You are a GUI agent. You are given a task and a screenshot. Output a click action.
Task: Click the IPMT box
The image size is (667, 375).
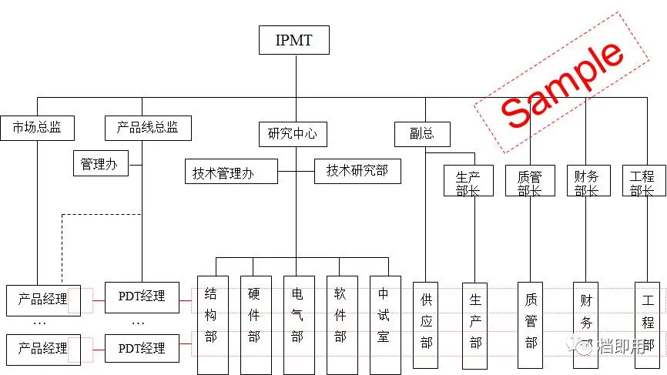pyautogui.click(x=293, y=40)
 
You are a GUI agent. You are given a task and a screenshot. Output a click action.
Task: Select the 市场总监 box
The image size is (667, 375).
pyautogui.click(x=37, y=128)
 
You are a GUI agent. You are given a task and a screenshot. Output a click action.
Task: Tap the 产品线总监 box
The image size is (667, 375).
pyautogui.click(x=147, y=128)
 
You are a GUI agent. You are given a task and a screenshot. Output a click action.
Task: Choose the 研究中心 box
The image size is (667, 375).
pyautogui.click(x=292, y=133)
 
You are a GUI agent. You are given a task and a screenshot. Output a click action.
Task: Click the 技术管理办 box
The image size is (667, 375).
pyautogui.click(x=230, y=171)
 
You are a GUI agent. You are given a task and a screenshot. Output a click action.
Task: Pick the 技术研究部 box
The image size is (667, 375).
pyautogui.click(x=358, y=170)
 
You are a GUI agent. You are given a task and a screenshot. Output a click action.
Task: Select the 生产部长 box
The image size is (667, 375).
pyautogui.click(x=468, y=181)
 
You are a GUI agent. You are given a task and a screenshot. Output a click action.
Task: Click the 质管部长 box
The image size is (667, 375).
pyautogui.click(x=529, y=181)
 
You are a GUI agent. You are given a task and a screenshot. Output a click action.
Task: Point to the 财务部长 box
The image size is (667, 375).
pyautogui.click(x=586, y=181)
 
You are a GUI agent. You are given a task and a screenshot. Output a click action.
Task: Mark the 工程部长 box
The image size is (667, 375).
pyautogui.click(x=643, y=181)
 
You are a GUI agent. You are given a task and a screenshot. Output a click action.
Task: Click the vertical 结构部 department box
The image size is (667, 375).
pyautogui.click(x=212, y=323)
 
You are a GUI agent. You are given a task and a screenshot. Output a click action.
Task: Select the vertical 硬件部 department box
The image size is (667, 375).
pyautogui.click(x=255, y=323)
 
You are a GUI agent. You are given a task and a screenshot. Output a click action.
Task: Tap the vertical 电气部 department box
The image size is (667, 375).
pyautogui.click(x=298, y=323)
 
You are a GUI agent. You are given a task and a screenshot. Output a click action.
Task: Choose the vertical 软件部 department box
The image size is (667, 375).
pyautogui.click(x=341, y=323)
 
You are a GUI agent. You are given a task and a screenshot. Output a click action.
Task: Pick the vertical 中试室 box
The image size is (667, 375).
pyautogui.click(x=384, y=323)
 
